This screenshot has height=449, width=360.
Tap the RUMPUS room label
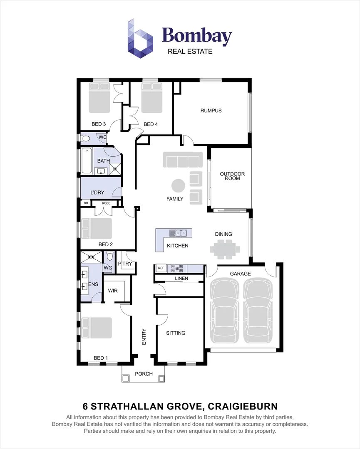211,111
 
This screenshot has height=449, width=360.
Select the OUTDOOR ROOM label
232,176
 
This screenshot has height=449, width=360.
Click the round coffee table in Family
179,185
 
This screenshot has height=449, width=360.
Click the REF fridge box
161,268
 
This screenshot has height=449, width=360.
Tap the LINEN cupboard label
181,278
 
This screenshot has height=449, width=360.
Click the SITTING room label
176,333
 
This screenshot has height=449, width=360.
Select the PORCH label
144,374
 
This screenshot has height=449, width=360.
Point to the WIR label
113,291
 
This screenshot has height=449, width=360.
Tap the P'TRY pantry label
125,264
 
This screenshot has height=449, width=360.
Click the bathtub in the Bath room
87,161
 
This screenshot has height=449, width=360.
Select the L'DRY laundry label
97,192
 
